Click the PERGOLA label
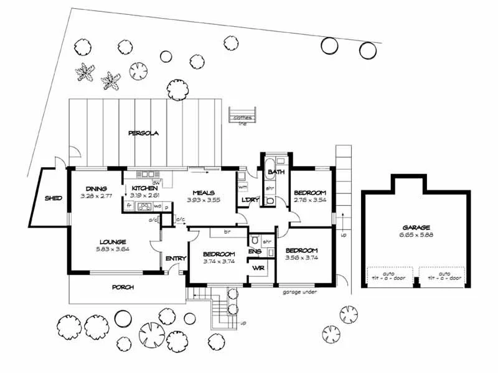point(144,133)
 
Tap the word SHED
point(52,199)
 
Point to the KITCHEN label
point(144,188)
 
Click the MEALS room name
point(204,193)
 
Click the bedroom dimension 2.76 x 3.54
point(309,201)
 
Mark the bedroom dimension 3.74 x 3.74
point(218,261)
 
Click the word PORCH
point(123,287)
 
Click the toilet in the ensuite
point(255,241)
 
